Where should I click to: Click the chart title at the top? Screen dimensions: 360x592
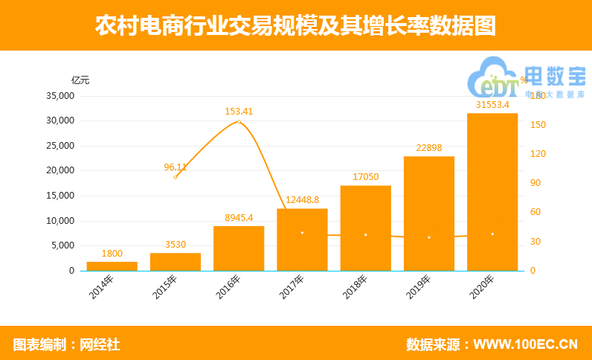coord(295,25)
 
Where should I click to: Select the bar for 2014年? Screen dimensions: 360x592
coord(112,266)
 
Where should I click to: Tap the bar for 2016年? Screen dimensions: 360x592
coord(239,248)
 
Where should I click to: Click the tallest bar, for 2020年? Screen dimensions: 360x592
coord(492,192)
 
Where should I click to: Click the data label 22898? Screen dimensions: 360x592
coord(429,148)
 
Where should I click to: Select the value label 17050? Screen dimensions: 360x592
coord(365,177)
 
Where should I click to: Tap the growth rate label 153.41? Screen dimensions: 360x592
coord(239,112)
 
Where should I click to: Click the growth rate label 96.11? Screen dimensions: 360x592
coord(176,167)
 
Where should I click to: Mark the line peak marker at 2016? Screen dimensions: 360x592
coord(239,121)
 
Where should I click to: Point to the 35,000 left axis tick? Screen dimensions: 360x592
coord(60,96)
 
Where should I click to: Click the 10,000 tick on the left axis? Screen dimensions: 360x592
coord(60,221)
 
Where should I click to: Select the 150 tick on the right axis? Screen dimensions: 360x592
coord(538,125)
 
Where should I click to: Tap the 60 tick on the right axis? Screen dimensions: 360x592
coord(535,213)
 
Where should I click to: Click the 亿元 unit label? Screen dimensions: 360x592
coord(80,80)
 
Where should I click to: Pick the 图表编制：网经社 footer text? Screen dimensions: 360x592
coord(66,344)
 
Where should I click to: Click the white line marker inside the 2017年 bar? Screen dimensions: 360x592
coord(302,233)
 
